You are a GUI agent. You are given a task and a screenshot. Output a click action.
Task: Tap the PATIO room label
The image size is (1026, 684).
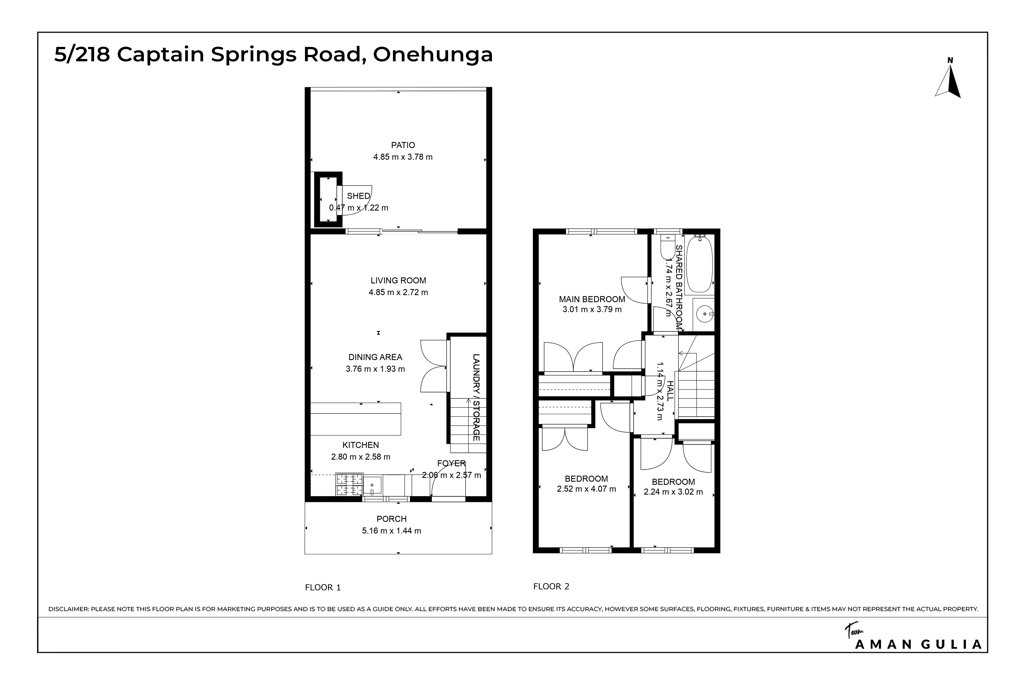[403, 145]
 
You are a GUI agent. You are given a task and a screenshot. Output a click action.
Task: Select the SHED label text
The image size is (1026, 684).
[358, 196]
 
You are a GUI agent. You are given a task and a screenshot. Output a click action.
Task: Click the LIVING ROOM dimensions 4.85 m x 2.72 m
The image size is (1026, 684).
[398, 293]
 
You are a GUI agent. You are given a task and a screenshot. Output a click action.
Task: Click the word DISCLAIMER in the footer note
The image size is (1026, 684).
[68, 609]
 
